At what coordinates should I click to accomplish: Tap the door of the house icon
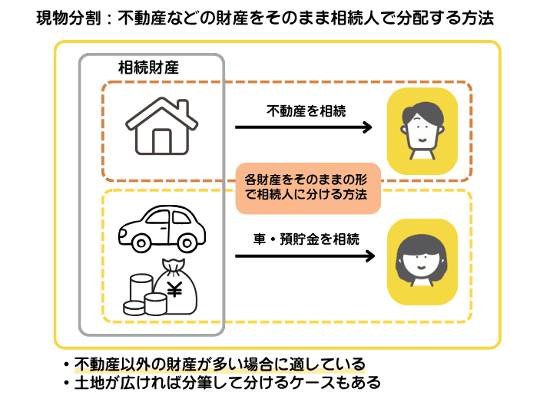[x=162, y=142]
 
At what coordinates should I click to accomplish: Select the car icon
[x=163, y=227]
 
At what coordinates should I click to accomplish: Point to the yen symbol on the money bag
[x=174, y=290]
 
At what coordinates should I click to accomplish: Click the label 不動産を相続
[x=306, y=110]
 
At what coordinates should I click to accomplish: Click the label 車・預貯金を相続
[x=306, y=238]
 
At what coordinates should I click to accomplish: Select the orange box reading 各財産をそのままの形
[x=307, y=186]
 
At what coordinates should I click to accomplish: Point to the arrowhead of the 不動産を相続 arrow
[x=368, y=128]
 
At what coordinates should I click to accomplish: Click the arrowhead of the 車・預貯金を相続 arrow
[x=368, y=256]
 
